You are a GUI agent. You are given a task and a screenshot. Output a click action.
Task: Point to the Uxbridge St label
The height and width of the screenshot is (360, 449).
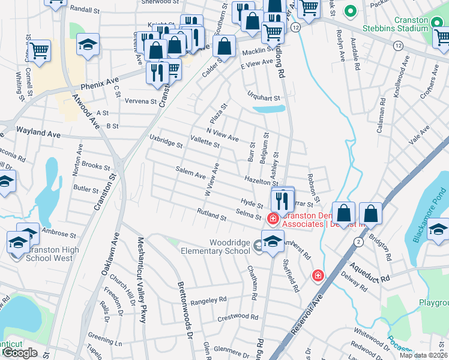[166, 142]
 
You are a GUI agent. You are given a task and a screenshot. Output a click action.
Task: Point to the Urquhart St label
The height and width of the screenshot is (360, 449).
[264, 98]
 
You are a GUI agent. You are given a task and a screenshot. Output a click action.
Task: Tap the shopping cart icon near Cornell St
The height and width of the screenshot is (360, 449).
[39, 50]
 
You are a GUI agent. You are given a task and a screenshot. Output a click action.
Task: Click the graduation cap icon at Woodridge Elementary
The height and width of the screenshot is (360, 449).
[273, 241]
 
